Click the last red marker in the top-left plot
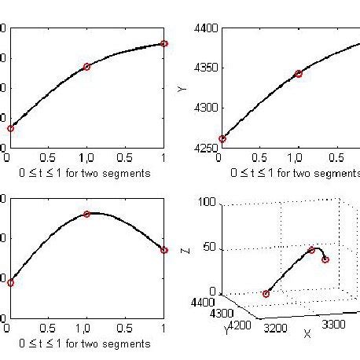(x=163, y=43)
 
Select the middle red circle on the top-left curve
(x=86, y=67)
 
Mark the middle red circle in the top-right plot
(x=299, y=73)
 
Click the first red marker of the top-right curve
(x=222, y=138)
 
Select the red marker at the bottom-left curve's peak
(x=86, y=214)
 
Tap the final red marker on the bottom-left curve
(x=163, y=250)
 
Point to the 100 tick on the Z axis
(x=207, y=202)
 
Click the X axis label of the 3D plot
(x=307, y=333)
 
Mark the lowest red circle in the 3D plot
(x=266, y=294)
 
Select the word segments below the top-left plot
(x=128, y=173)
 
